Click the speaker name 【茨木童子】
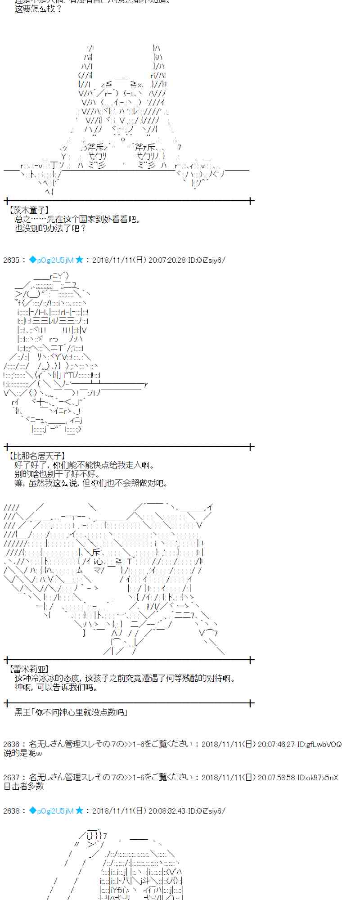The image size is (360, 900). pyautogui.click(x=29, y=210)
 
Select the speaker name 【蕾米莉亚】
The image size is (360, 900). pyautogui.click(x=29, y=669)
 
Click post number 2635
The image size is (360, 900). pyautogui.click(x=11, y=260)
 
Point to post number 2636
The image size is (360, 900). pyautogui.click(x=11, y=744)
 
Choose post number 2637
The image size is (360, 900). pyautogui.click(x=11, y=777)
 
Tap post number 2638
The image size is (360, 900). pyautogui.click(x=11, y=810)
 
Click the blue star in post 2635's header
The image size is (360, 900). pyautogui.click(x=80, y=260)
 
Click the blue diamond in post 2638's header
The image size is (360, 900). pyautogui.click(x=32, y=810)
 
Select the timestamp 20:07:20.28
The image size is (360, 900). pyautogui.click(x=163, y=260)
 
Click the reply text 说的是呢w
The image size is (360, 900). pyautogui.click(x=22, y=753)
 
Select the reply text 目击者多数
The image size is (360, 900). pyautogui.click(x=24, y=786)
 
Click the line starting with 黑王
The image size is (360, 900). pyautogui.click(x=72, y=712)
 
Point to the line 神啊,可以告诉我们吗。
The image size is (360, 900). pyautogui.click(x=56, y=687)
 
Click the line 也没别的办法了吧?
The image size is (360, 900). pyautogui.click(x=50, y=228)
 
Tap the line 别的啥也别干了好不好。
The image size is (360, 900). pyautogui.click(x=57, y=474)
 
